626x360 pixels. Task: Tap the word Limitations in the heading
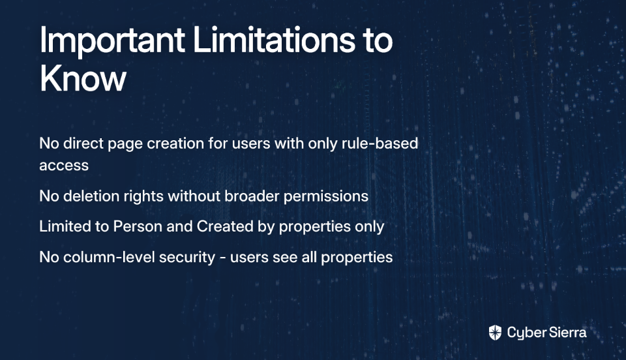click(x=274, y=39)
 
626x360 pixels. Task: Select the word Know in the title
click(x=83, y=78)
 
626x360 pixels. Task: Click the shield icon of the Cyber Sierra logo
click(x=495, y=333)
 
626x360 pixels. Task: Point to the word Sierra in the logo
click(x=567, y=332)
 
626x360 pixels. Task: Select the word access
click(x=64, y=165)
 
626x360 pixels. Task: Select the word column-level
click(x=109, y=257)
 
